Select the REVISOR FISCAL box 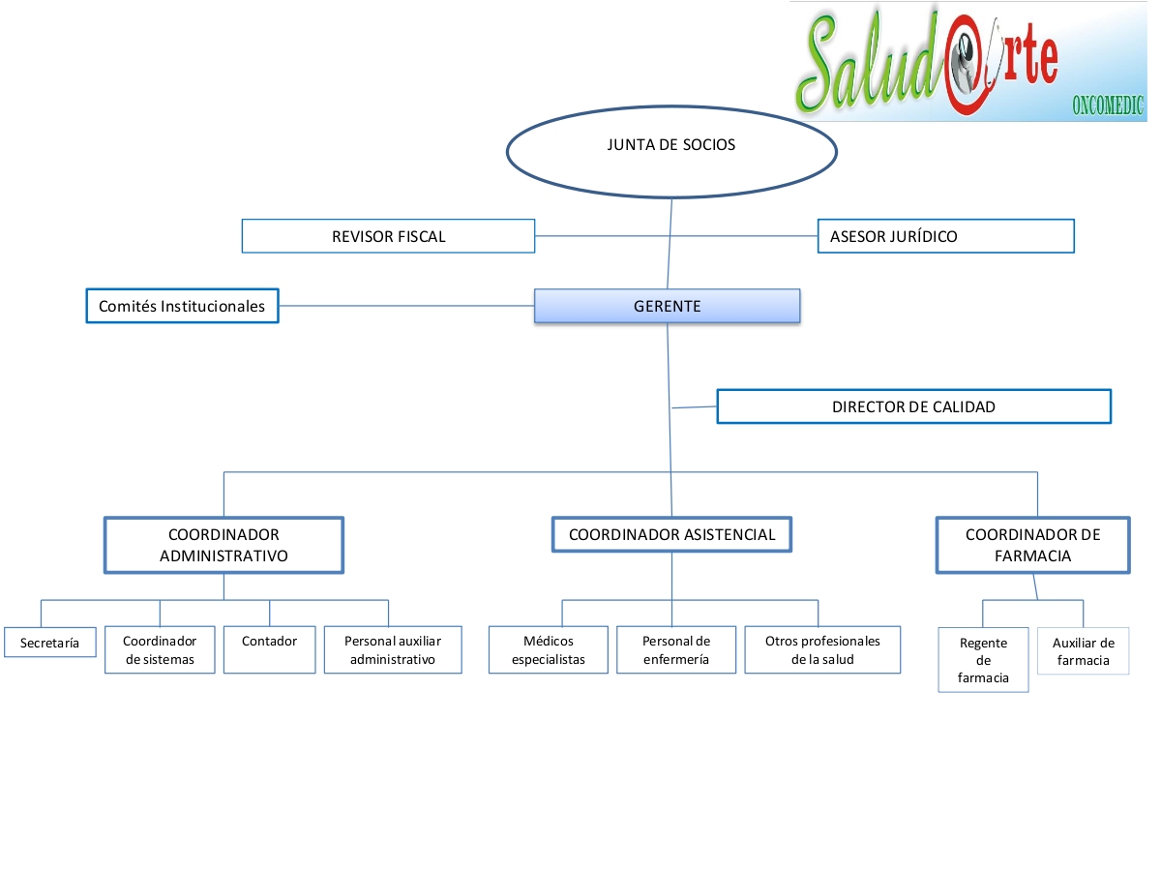coord(388,236)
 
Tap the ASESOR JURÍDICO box coord(945,236)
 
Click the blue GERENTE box coord(668,306)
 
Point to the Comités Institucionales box coord(182,306)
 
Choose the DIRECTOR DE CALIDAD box coord(913,406)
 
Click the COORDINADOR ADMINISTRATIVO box coord(223,545)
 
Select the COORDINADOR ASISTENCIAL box coord(671,534)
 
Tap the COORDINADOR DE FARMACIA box coord(1032,545)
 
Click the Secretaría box coord(50,643)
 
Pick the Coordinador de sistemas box coord(160,650)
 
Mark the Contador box coord(269,649)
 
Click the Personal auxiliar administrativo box coord(392,650)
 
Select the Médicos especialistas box coord(549,650)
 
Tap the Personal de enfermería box coord(676,650)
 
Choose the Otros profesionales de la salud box coord(822,650)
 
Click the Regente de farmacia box coord(983,660)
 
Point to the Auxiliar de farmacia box coord(1083,651)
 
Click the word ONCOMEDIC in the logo coord(1108,105)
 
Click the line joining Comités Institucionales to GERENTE coord(406,306)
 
